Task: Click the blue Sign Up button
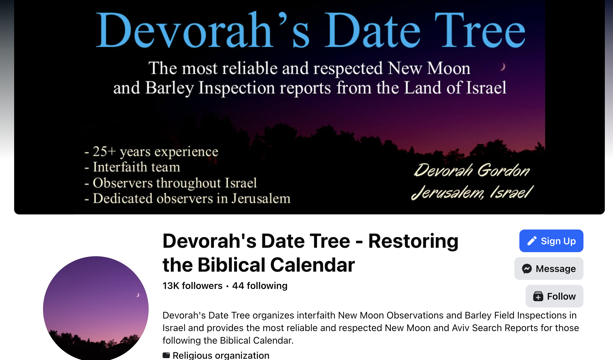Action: click(x=551, y=241)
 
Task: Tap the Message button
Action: click(x=549, y=269)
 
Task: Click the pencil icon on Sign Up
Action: click(x=532, y=241)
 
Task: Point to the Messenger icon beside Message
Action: click(x=527, y=269)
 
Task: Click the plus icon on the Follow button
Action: click(x=538, y=296)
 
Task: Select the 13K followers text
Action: click(x=192, y=285)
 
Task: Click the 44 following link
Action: click(x=260, y=285)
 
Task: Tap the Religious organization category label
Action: click(x=221, y=355)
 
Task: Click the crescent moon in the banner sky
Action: click(x=503, y=67)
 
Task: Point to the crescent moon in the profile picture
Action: click(x=137, y=295)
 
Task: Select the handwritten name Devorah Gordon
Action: click(x=472, y=170)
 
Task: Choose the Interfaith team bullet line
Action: click(x=132, y=167)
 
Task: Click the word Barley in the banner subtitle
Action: click(x=169, y=88)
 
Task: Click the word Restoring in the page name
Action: click(x=413, y=241)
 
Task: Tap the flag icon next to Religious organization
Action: click(x=166, y=355)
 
